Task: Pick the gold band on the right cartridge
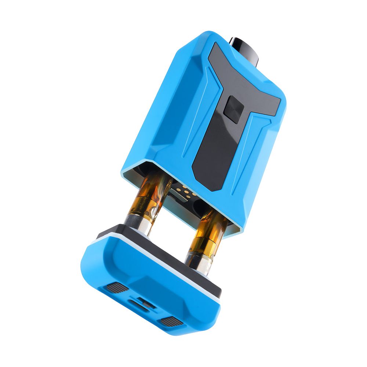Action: click(x=201, y=250)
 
